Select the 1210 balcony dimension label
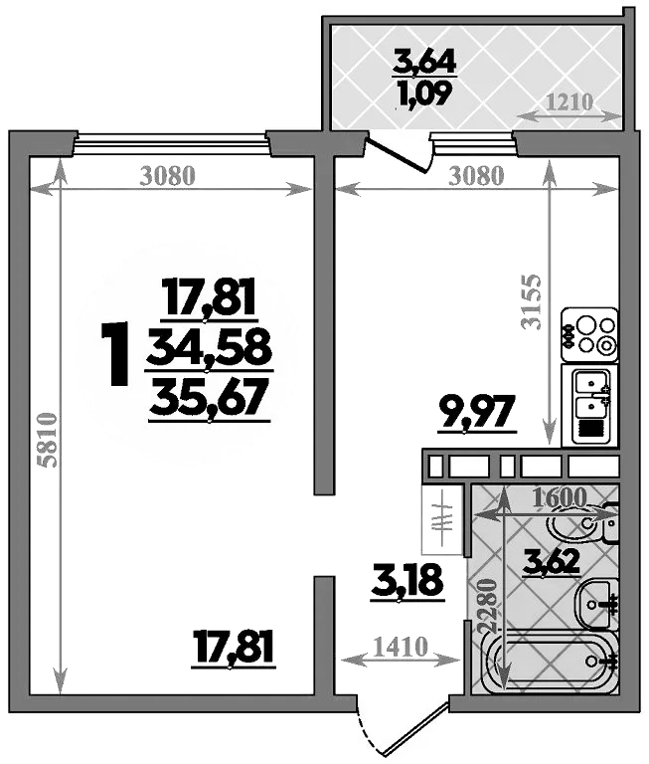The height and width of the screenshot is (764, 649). (x=568, y=101)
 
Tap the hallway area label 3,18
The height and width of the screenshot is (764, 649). (x=406, y=580)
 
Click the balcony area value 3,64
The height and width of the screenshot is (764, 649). (x=424, y=63)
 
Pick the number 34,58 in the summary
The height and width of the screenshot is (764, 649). (x=210, y=347)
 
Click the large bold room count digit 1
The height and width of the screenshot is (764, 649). (x=116, y=354)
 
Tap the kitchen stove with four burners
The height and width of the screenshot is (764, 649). (x=589, y=335)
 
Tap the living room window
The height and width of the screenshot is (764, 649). (x=171, y=143)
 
